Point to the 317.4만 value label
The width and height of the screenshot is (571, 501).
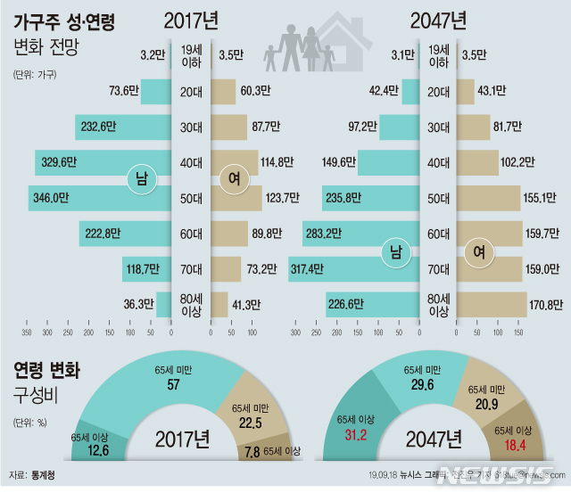coord(310,268)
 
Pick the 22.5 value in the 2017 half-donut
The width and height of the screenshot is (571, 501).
coord(248,423)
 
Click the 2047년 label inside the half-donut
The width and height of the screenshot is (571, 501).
coord(434,439)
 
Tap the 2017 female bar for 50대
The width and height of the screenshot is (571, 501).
coord(236,197)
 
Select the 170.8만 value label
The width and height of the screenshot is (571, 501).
coord(545,304)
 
